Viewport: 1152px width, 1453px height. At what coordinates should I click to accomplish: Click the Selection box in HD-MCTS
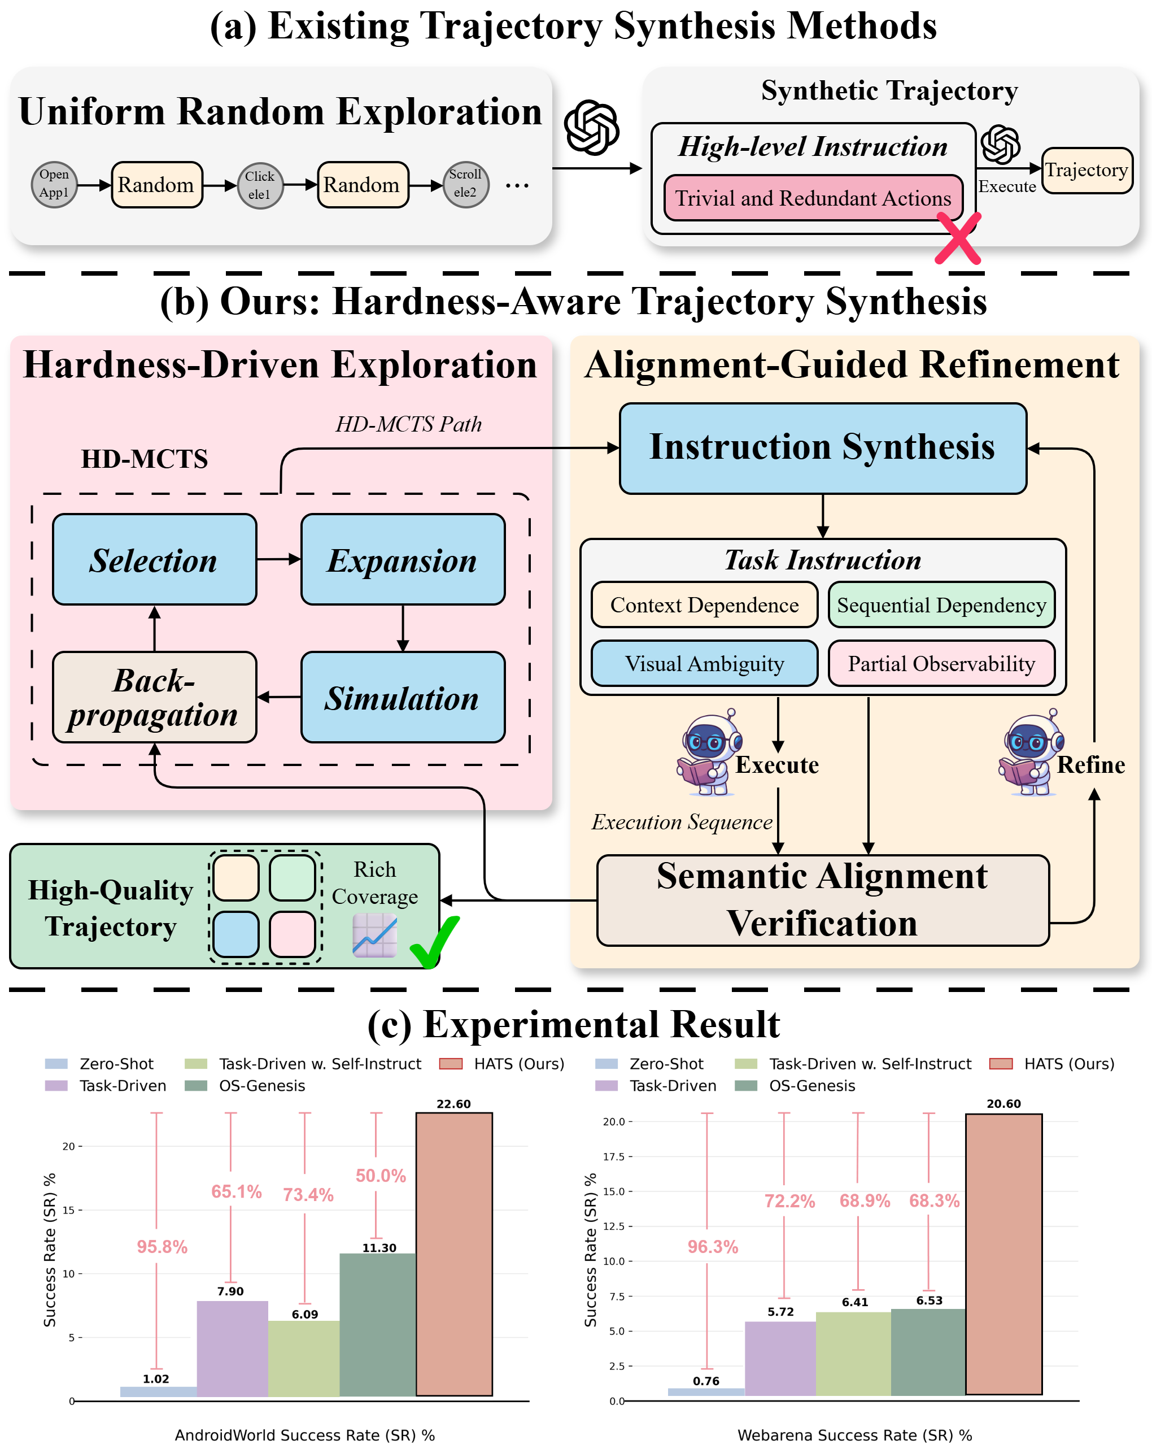(x=154, y=559)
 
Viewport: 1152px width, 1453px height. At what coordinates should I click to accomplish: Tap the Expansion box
(x=402, y=559)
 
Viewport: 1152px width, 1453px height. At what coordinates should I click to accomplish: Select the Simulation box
(x=402, y=697)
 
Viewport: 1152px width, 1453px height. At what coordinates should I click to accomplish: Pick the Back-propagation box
(x=154, y=697)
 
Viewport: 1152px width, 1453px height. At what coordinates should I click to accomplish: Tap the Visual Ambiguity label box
(x=704, y=663)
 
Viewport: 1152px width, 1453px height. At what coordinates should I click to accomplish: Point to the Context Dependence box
(x=704, y=604)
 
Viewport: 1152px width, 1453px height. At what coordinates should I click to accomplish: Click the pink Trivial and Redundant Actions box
(x=813, y=198)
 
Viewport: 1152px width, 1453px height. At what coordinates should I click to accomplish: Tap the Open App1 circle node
(x=54, y=184)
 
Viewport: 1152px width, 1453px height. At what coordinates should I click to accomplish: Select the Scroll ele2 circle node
(x=465, y=184)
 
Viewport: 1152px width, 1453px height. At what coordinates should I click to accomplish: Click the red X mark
(x=958, y=238)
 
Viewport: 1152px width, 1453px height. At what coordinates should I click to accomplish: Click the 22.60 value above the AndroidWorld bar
(x=453, y=1104)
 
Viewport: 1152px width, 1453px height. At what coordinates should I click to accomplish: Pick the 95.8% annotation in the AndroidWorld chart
(x=162, y=1247)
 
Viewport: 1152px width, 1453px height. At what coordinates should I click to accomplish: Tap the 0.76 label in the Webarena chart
(x=706, y=1381)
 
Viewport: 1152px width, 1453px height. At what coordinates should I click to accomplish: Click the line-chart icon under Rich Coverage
(x=374, y=935)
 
